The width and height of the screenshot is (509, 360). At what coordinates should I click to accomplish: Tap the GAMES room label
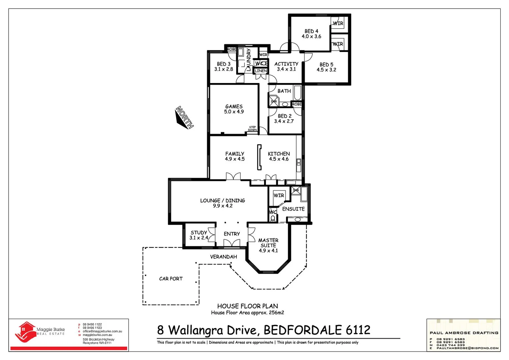click(234, 106)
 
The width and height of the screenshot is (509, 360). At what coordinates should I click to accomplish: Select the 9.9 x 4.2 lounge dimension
click(223, 206)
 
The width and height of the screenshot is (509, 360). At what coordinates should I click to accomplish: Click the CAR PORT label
click(171, 279)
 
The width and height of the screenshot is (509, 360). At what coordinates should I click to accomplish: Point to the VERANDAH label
click(224, 257)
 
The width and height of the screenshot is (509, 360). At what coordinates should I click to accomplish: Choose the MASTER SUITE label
click(268, 243)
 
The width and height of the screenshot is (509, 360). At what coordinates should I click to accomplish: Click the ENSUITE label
click(293, 209)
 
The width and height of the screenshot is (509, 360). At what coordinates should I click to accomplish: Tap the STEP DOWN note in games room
click(253, 129)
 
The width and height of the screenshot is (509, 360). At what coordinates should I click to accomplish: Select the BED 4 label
click(311, 31)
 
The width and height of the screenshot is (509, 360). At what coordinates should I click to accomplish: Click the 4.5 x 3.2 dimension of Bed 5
click(326, 70)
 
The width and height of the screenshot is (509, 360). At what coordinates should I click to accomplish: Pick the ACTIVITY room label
click(286, 64)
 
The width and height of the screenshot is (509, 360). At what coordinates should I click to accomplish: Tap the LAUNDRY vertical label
click(249, 60)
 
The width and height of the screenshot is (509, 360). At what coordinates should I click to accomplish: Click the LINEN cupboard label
click(261, 71)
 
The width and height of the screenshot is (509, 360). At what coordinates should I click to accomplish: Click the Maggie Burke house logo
click(26, 332)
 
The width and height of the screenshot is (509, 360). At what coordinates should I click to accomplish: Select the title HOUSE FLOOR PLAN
click(248, 306)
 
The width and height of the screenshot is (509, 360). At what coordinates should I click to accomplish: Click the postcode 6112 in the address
click(358, 330)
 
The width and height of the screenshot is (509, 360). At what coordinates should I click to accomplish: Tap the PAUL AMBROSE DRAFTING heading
click(464, 333)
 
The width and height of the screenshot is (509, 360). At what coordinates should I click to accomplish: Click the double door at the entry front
click(232, 243)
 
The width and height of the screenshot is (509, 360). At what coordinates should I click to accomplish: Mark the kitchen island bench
click(258, 157)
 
